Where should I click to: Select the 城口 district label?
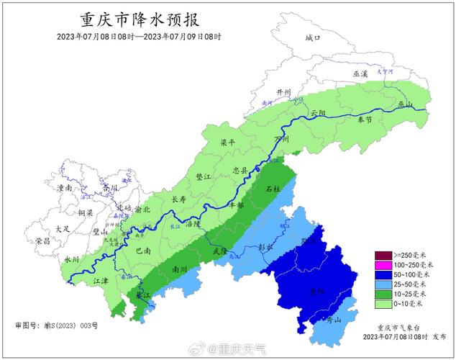point(311,38)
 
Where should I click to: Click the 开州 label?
point(285,93)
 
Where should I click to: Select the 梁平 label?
point(227,143)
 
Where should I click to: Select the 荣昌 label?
point(42,243)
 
